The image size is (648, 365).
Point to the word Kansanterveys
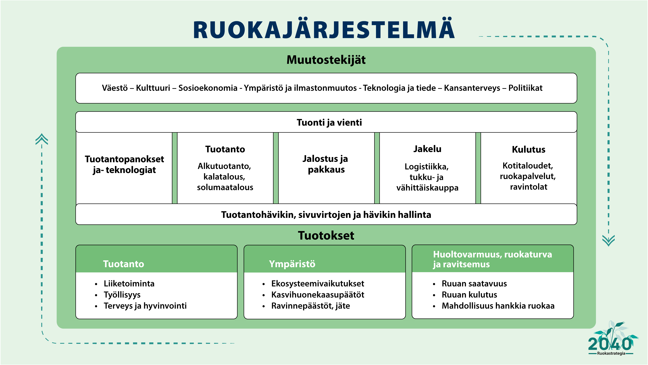[x=472, y=88]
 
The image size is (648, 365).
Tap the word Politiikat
[x=525, y=88]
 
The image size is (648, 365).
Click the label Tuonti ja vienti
[x=329, y=122]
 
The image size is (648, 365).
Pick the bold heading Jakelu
[x=427, y=149]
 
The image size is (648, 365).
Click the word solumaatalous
[x=225, y=187]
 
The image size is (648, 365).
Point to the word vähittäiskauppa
[x=427, y=188]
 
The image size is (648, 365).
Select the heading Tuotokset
[x=326, y=236]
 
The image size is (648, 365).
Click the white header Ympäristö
[x=292, y=264]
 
